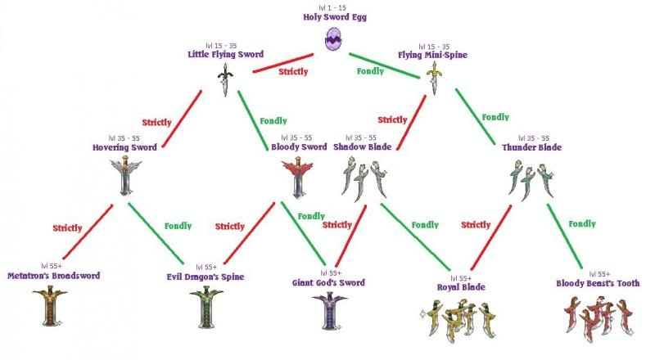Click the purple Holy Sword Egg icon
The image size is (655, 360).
click(x=334, y=38)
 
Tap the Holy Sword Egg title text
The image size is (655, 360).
click(x=335, y=17)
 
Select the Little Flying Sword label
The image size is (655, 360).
click(x=226, y=54)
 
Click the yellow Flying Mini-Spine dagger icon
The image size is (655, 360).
click(x=435, y=79)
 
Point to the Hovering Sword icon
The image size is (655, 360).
click(x=126, y=176)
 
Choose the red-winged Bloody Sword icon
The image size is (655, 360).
click(x=297, y=178)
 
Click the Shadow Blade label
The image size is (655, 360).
click(x=363, y=147)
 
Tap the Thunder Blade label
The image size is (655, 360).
click(x=531, y=147)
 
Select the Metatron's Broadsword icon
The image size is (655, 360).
click(x=50, y=306)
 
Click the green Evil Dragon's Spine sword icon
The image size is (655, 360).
click(x=206, y=307)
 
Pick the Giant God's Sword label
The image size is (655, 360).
click(x=328, y=283)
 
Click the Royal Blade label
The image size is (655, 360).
click(x=461, y=287)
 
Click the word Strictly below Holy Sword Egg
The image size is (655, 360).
click(x=293, y=72)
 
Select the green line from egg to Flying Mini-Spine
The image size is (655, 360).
click(x=384, y=65)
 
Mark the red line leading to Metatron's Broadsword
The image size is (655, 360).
click(x=88, y=232)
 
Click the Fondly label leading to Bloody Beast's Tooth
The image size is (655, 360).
click(x=582, y=224)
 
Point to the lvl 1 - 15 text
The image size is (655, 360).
click(x=332, y=7)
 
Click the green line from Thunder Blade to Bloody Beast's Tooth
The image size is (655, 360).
click(x=565, y=236)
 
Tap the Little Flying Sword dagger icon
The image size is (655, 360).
click(x=225, y=79)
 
